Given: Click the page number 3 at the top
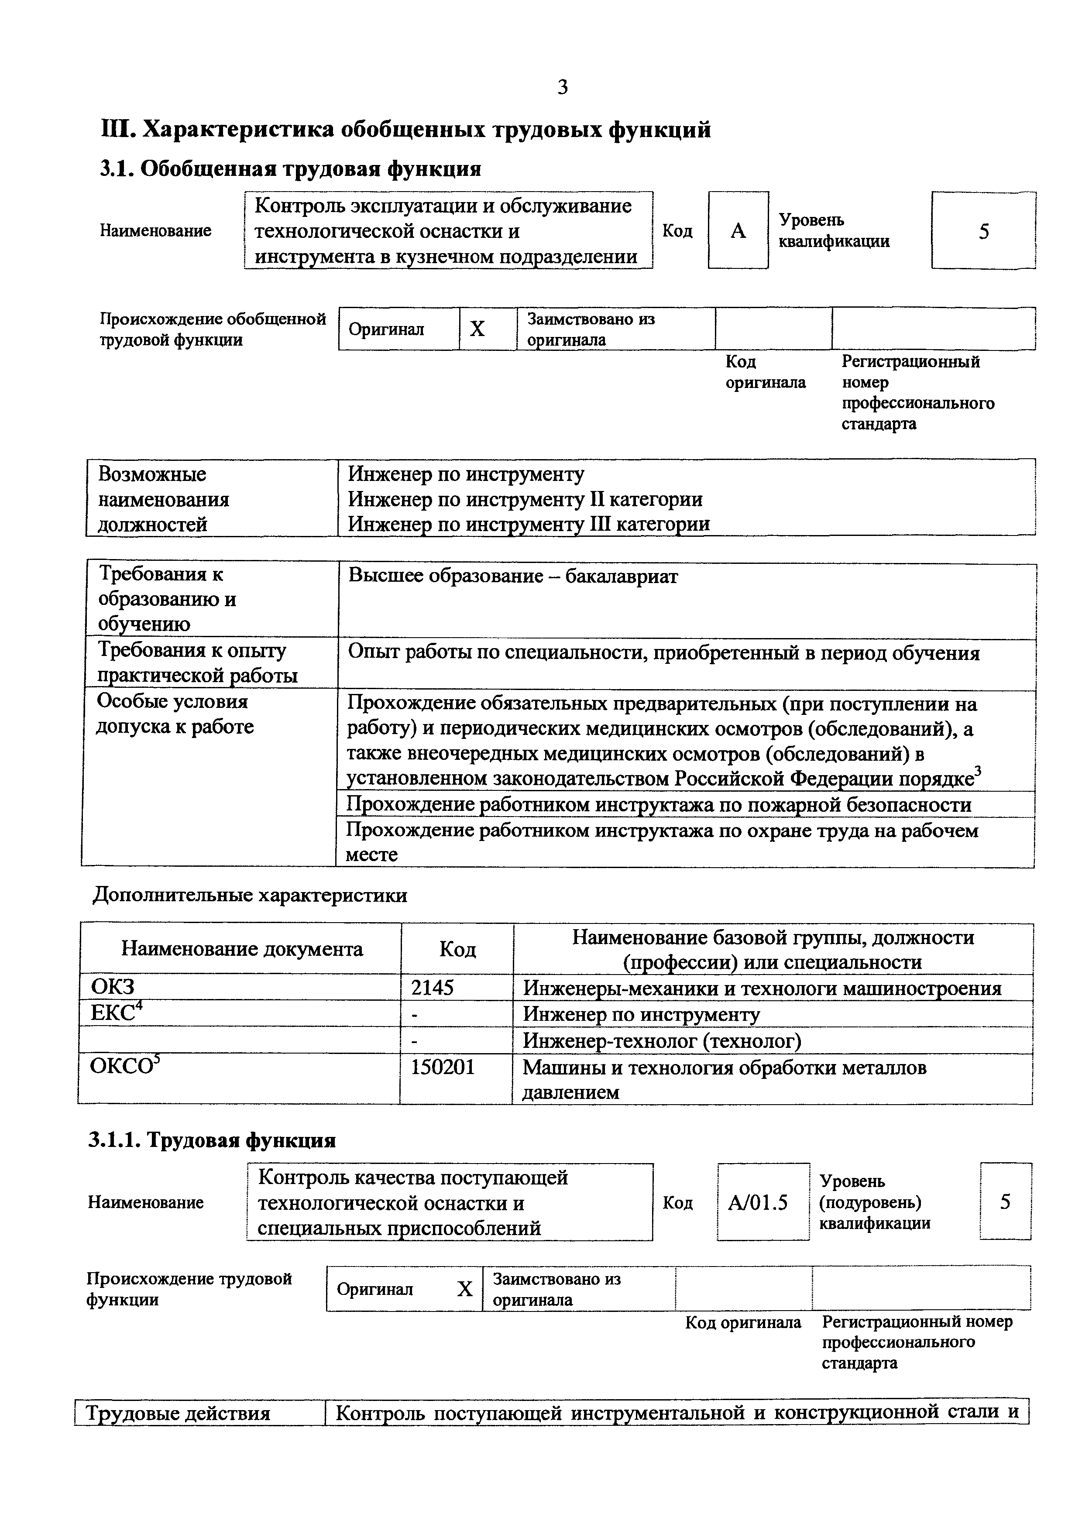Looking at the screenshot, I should click(x=562, y=87).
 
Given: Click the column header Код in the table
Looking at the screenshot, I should click(x=457, y=949).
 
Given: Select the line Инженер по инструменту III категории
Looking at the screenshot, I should click(x=529, y=524).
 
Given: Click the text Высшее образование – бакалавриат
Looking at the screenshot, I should click(x=513, y=576).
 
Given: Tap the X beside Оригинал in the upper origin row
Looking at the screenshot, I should click(x=477, y=329).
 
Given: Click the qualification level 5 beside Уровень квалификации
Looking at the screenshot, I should click(x=983, y=231).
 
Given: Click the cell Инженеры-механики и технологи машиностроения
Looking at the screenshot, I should click(x=762, y=988).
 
